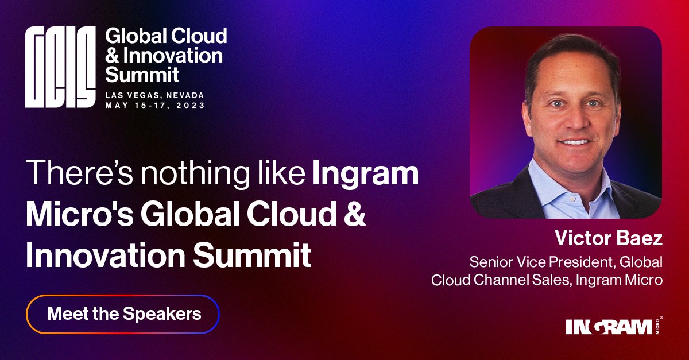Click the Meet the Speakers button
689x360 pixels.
[123, 314]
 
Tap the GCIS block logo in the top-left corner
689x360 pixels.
[60, 68]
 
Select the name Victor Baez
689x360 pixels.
[609, 238]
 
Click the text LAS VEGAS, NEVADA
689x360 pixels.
[154, 95]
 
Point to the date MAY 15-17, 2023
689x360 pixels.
[154, 106]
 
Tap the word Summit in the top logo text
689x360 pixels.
[142, 74]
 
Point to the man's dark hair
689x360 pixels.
[568, 52]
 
